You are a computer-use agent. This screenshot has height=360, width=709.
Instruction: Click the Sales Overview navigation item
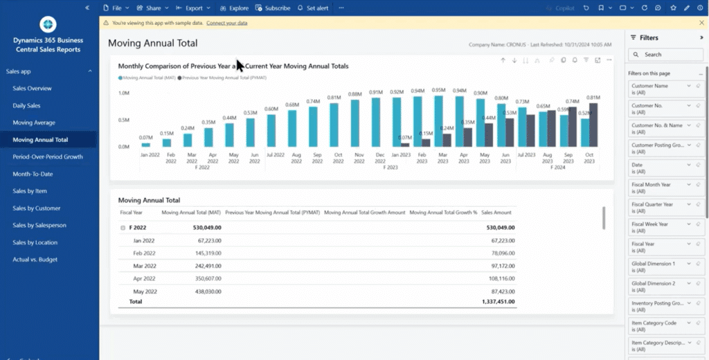[32, 89]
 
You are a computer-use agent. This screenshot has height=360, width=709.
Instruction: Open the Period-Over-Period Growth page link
[47, 156]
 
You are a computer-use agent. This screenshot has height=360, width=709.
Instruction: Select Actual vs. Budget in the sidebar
[35, 260]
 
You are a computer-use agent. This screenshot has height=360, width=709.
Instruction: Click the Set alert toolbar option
[312, 8]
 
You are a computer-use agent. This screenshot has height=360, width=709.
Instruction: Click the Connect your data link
[226, 23]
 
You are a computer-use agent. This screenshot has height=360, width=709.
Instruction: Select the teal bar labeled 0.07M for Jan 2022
[145, 145]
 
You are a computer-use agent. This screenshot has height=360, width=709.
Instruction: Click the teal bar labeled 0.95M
[438, 120]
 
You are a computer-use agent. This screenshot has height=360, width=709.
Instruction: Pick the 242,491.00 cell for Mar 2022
[203, 266]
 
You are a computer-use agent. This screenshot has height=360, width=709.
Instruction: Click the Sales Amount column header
[496, 213]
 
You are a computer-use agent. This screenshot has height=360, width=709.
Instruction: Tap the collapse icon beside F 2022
[123, 227]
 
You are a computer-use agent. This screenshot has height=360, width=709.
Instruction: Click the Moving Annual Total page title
[153, 43]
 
